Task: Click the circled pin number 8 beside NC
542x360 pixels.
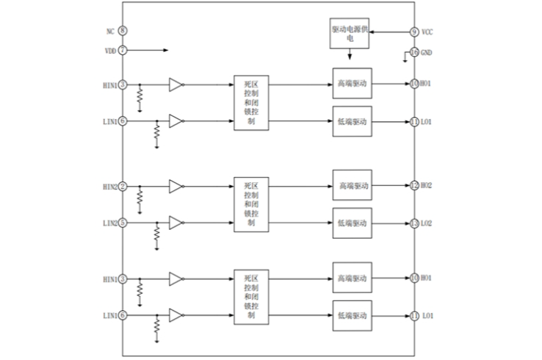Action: (x=122, y=31)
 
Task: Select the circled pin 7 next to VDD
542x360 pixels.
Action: (x=122, y=50)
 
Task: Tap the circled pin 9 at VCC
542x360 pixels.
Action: (x=414, y=32)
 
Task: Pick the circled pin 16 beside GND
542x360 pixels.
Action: (x=414, y=52)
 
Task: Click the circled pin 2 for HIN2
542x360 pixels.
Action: (x=122, y=187)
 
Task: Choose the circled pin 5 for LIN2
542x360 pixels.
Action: (x=122, y=222)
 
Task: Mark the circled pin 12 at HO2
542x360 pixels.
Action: (x=414, y=185)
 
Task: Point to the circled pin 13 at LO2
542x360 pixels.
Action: (x=414, y=223)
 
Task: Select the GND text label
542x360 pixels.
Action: (x=427, y=52)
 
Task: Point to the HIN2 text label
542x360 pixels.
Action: (x=109, y=187)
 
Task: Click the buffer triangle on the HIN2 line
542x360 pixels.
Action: (x=176, y=187)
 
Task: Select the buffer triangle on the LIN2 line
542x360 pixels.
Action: (x=176, y=222)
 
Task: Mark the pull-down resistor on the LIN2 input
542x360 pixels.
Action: (x=156, y=234)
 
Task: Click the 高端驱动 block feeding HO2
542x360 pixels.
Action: (x=353, y=185)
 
